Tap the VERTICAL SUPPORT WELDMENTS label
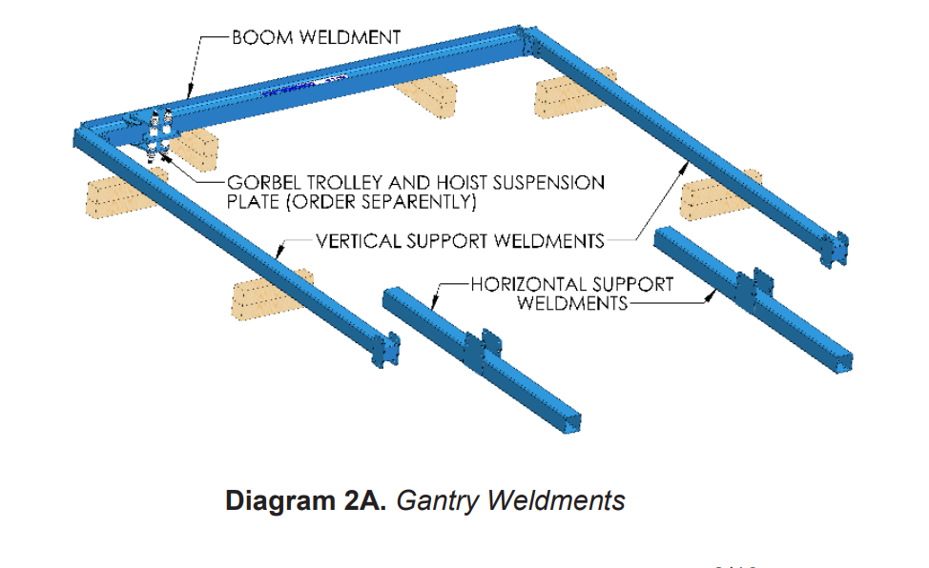[460, 240]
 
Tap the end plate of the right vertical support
[836, 250]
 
